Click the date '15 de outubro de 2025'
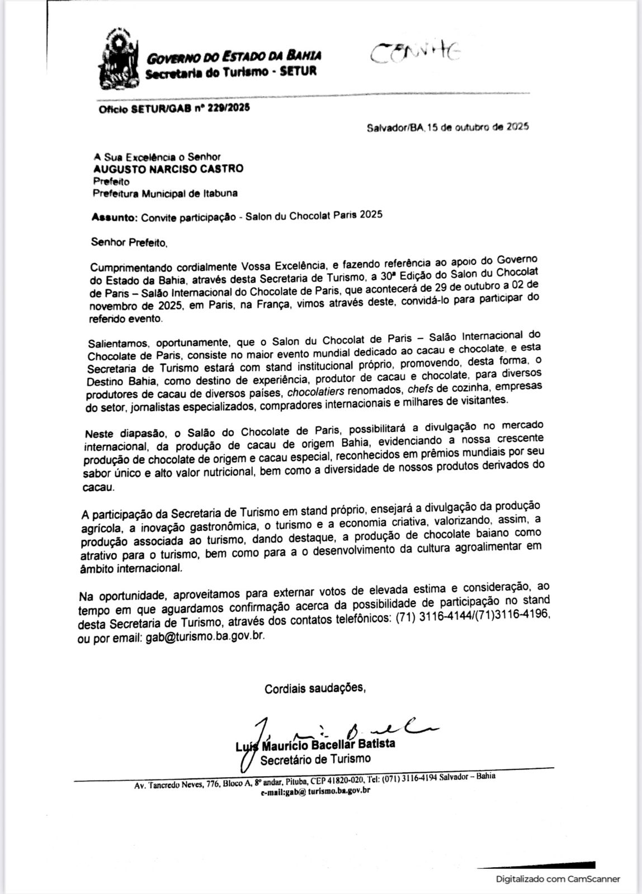478,127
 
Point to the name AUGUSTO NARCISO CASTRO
168,169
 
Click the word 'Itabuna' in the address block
220,193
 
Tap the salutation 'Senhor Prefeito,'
129,242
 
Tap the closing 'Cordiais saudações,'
315,688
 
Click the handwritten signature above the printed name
347,727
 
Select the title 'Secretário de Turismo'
315,759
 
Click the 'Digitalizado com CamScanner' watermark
558,879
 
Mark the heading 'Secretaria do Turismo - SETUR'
230,72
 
